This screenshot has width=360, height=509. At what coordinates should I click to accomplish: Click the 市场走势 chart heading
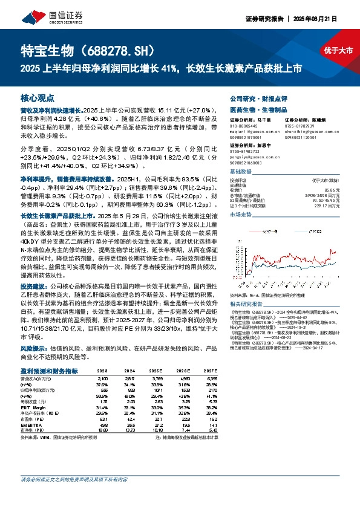coord(242,214)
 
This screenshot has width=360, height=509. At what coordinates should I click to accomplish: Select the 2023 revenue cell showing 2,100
coord(102,378)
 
